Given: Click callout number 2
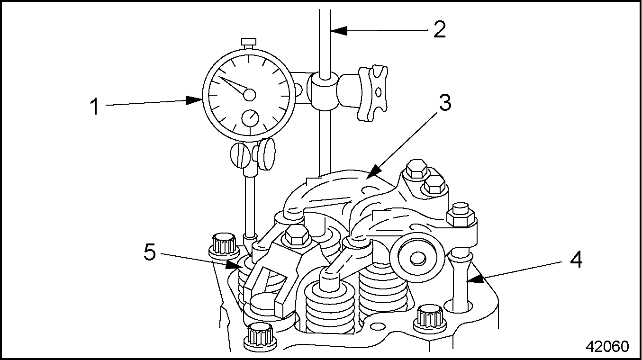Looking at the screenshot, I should (x=439, y=30).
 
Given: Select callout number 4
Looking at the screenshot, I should (x=576, y=260).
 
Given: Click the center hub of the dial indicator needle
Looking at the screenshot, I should (x=249, y=95).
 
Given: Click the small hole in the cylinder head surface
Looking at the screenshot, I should (x=377, y=327).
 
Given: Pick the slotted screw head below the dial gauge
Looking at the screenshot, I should (x=240, y=154).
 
